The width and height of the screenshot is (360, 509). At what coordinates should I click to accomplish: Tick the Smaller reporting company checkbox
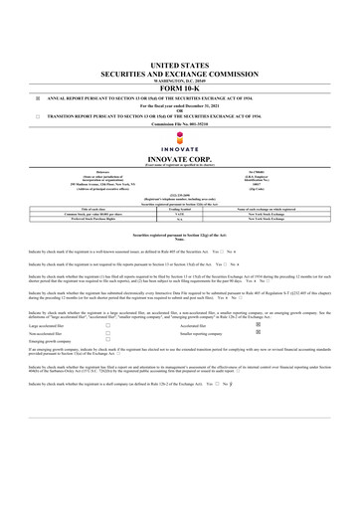click(x=286, y=306)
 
